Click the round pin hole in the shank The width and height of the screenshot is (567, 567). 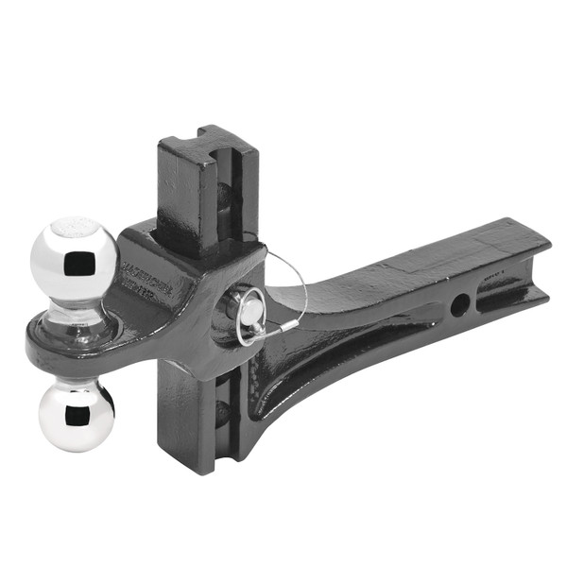click(458, 304)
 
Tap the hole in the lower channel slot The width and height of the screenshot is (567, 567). click(223, 412)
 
